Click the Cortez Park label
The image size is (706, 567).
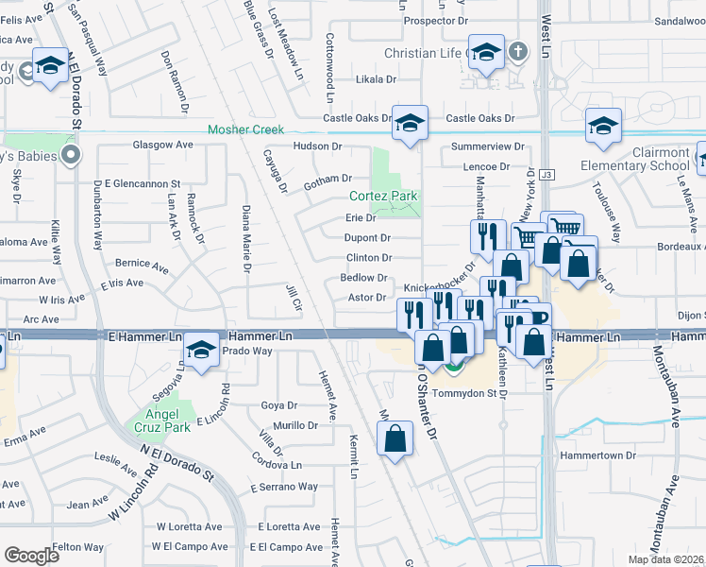pyautogui.click(x=383, y=197)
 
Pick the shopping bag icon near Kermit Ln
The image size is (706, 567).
pyautogui.click(x=395, y=438)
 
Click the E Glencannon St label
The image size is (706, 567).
pyautogui.click(x=138, y=183)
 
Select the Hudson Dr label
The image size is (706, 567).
pyautogui.click(x=317, y=146)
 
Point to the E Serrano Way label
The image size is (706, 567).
pyautogui.click(x=284, y=487)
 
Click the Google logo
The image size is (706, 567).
pyautogui.click(x=31, y=556)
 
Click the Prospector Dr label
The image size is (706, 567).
pyautogui.click(x=435, y=20)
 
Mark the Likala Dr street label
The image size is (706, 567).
pyautogui.click(x=376, y=79)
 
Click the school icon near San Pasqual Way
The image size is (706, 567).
pyautogui.click(x=50, y=65)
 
